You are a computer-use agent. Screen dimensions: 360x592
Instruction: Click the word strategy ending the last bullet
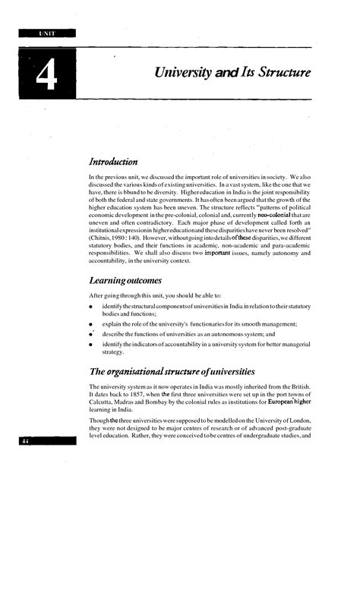click(114, 353)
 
